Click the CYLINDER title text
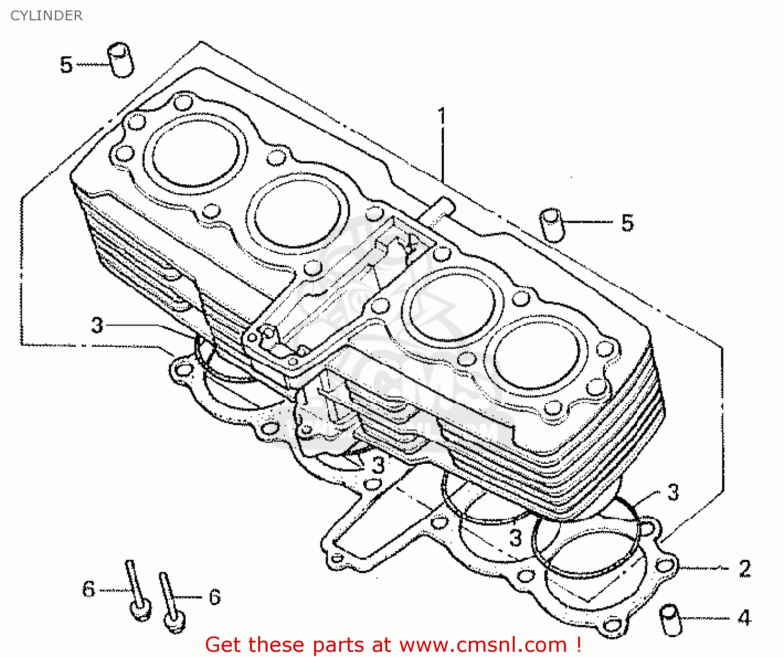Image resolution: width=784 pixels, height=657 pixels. pyautogui.click(x=47, y=16)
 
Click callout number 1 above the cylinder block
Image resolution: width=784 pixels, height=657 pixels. pyautogui.click(x=442, y=116)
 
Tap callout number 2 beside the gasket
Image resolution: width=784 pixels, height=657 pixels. pyautogui.click(x=745, y=569)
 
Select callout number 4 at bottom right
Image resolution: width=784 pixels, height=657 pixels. pyautogui.click(x=744, y=618)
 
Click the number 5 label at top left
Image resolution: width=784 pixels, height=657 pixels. pyautogui.click(x=66, y=65)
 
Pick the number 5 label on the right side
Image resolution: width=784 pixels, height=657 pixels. pyautogui.click(x=627, y=223)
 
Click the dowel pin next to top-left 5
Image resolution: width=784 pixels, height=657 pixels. pyautogui.click(x=121, y=60)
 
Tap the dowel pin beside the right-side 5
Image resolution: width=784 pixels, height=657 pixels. pyautogui.click(x=552, y=225)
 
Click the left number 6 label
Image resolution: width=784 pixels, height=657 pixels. pyautogui.click(x=89, y=589)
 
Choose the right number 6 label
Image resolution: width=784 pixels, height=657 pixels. pyautogui.click(x=215, y=597)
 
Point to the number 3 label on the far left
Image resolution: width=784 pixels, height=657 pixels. pyautogui.click(x=97, y=325)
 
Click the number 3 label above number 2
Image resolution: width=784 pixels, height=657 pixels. pyautogui.click(x=673, y=492)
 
